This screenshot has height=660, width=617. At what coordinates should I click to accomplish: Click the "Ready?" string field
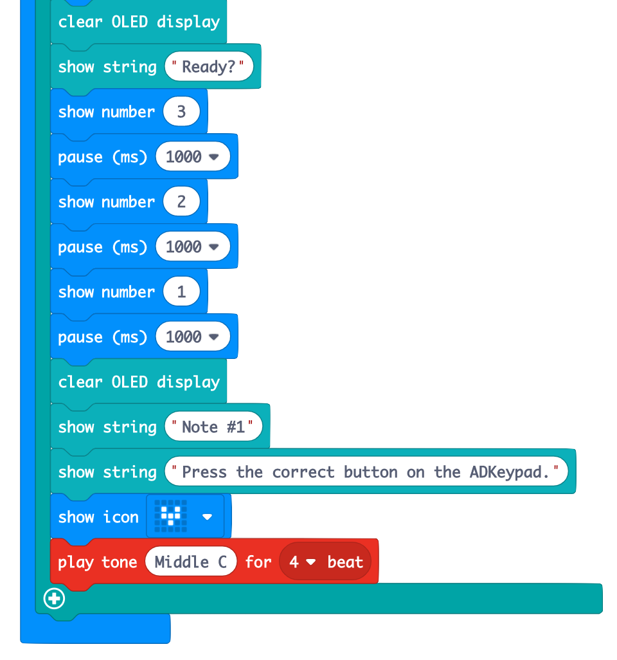(x=208, y=67)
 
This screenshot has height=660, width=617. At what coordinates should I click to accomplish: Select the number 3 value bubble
(x=181, y=112)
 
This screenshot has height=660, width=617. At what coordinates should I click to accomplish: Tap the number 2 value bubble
(x=181, y=202)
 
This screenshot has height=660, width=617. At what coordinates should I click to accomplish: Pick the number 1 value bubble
(x=181, y=292)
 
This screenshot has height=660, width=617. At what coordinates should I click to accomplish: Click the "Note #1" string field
(x=213, y=427)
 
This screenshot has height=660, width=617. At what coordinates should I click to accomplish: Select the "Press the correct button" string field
(x=366, y=472)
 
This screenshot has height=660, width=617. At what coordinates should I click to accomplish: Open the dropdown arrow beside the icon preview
(x=207, y=517)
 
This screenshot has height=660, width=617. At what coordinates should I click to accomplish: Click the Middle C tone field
(x=191, y=562)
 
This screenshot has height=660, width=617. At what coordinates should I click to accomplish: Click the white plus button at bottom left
(x=54, y=599)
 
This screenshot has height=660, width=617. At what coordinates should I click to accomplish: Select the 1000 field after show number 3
(x=192, y=157)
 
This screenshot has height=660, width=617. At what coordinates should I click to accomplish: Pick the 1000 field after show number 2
(x=192, y=247)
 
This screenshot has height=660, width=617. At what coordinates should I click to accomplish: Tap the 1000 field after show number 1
(x=192, y=337)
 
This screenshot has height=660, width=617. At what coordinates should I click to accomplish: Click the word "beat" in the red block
(x=345, y=562)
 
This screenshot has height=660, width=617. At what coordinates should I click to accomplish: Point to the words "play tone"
(x=98, y=562)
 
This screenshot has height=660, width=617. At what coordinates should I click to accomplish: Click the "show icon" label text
(x=98, y=517)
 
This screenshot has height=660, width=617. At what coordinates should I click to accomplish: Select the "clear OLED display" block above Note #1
(x=139, y=382)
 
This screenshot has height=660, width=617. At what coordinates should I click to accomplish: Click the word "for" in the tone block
(x=258, y=562)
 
